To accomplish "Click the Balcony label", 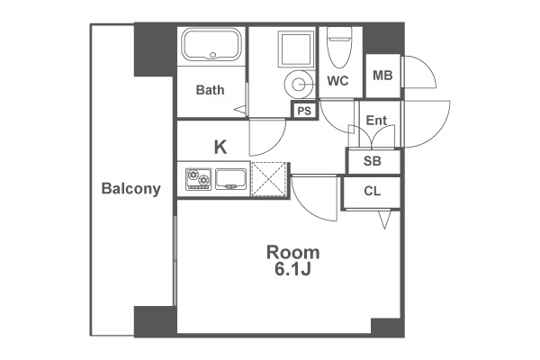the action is (130, 189).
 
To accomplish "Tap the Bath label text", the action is (210, 90).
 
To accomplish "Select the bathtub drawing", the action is (211, 45).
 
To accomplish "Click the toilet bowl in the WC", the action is (339, 47).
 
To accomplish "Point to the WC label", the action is (337, 81).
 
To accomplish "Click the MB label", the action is (382, 75).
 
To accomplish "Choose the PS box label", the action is (304, 111).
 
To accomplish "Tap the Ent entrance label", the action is (376, 121).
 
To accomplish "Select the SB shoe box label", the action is (373, 161).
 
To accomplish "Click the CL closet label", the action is (373, 191).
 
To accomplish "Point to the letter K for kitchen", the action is (220, 147).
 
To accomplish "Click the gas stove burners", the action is (198, 179).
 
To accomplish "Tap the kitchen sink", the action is (230, 179).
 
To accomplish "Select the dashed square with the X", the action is (269, 179).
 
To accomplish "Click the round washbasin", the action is (297, 84).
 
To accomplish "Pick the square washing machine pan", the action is (296, 49).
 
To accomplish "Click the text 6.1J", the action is (293, 269).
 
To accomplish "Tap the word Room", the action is (293, 253).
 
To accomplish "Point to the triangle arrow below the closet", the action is (384, 220).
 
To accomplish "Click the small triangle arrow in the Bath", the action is (240, 110).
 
